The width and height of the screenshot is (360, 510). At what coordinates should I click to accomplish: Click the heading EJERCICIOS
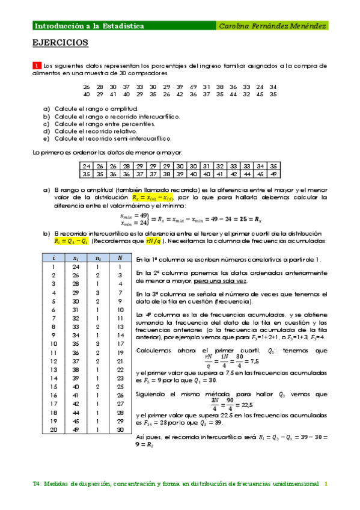[60, 43]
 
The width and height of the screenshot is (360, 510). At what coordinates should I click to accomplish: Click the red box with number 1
[37, 65]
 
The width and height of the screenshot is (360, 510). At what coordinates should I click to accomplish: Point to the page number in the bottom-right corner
[326, 483]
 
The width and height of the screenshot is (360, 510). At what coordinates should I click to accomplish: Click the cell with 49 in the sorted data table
[273, 174]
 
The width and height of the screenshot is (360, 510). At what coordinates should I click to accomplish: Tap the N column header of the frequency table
[120, 257]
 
